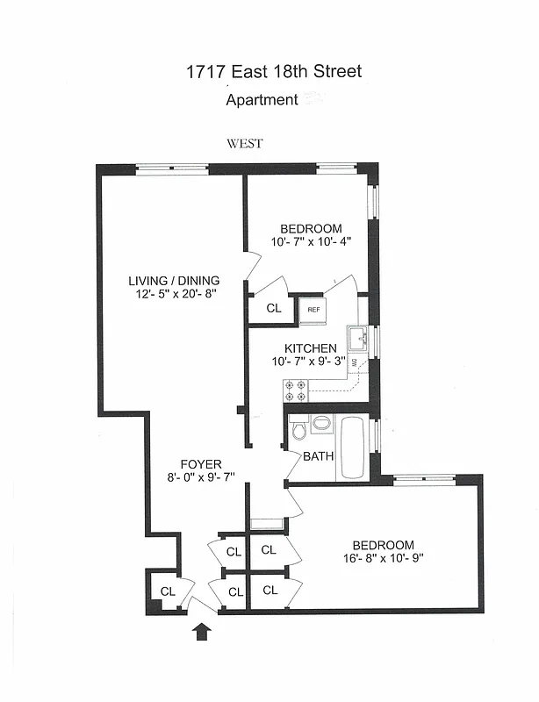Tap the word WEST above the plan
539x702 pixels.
point(244,144)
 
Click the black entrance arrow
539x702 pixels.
point(202,631)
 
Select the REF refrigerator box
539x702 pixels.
point(312,310)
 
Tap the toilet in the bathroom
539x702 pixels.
point(299,428)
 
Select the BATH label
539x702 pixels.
point(318,456)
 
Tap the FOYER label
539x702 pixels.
point(201,464)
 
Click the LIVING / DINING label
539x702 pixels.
point(174,281)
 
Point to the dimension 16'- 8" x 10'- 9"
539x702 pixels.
point(383,558)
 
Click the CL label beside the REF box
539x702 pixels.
point(273,309)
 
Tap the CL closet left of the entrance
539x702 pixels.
point(168,591)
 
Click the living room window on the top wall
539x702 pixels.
point(171,168)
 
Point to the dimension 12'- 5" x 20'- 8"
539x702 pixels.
point(172,294)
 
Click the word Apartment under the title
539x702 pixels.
point(262,100)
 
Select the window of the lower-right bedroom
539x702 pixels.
point(424,478)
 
